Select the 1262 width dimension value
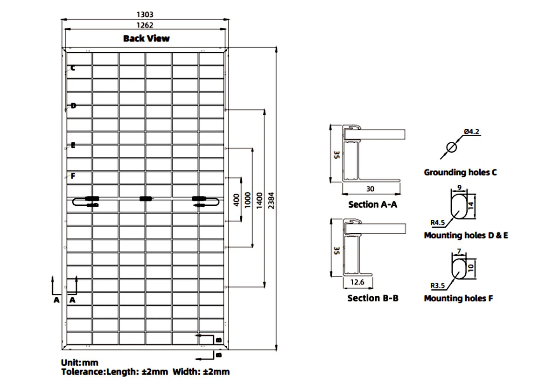(145, 26)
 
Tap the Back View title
(146, 38)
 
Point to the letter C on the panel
(73, 68)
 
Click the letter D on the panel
(73, 106)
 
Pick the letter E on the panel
(73, 145)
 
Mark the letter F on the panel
(73, 176)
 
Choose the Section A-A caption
(372, 204)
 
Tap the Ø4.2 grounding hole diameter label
(472, 132)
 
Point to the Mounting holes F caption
(458, 298)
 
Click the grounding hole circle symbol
(451, 148)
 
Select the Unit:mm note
(80, 363)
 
